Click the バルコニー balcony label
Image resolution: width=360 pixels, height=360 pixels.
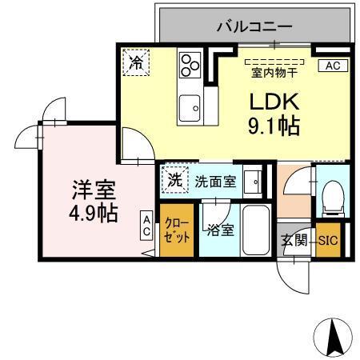pyautogui.click(x=254, y=26)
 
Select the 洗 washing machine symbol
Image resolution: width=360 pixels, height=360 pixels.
pyautogui.click(x=174, y=179)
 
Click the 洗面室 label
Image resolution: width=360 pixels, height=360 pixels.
pyautogui.click(x=215, y=181)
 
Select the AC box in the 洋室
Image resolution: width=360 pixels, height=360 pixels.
pyautogui.click(x=147, y=224)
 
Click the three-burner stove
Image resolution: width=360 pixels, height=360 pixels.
pyautogui.click(x=190, y=64)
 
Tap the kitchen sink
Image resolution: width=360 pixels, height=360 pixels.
pyautogui.click(x=190, y=106)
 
